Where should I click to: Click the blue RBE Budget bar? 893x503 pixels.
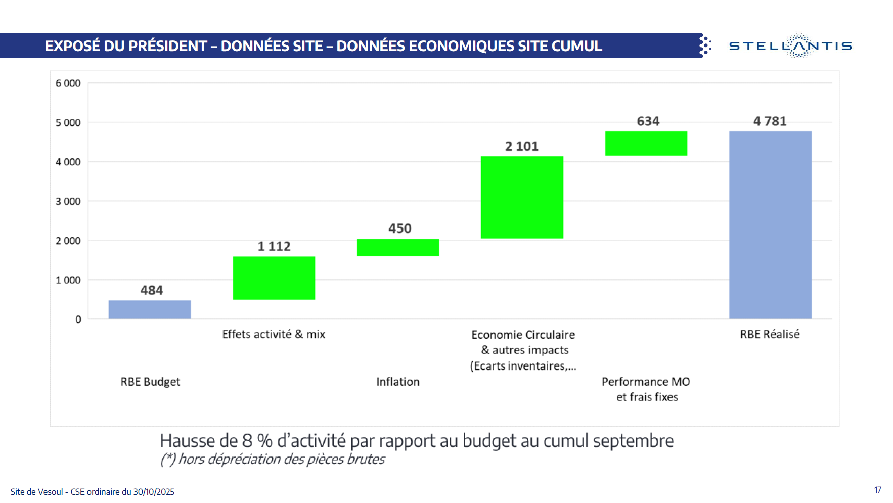pyautogui.click(x=150, y=309)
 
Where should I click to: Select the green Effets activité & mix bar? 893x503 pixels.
pyautogui.click(x=274, y=278)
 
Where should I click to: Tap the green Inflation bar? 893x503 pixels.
pyautogui.click(x=398, y=247)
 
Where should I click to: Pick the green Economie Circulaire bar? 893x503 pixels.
pyautogui.click(x=522, y=197)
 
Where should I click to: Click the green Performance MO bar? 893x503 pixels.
pyautogui.click(x=646, y=144)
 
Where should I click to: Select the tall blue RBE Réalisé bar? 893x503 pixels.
pyautogui.click(x=770, y=225)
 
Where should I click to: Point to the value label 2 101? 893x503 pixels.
pyautogui.click(x=522, y=146)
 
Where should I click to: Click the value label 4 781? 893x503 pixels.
pyautogui.click(x=770, y=121)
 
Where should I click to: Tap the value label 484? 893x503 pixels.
pyautogui.click(x=152, y=290)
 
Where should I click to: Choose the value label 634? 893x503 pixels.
pyautogui.click(x=648, y=121)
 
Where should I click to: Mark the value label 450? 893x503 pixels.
pyautogui.click(x=400, y=228)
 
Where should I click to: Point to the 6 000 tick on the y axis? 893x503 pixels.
pyautogui.click(x=68, y=83)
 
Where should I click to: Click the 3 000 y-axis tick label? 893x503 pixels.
pyautogui.click(x=68, y=201)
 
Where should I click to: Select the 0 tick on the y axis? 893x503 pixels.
pyautogui.click(x=78, y=319)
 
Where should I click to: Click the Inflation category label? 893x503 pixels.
pyautogui.click(x=398, y=382)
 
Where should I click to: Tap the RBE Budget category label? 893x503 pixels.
pyautogui.click(x=150, y=382)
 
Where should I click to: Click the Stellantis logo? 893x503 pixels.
pyautogui.click(x=790, y=46)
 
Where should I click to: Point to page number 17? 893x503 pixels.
pyautogui.click(x=877, y=490)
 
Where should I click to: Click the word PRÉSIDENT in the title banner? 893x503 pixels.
pyautogui.click(x=167, y=46)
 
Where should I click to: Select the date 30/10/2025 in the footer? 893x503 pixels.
pyautogui.click(x=154, y=492)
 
